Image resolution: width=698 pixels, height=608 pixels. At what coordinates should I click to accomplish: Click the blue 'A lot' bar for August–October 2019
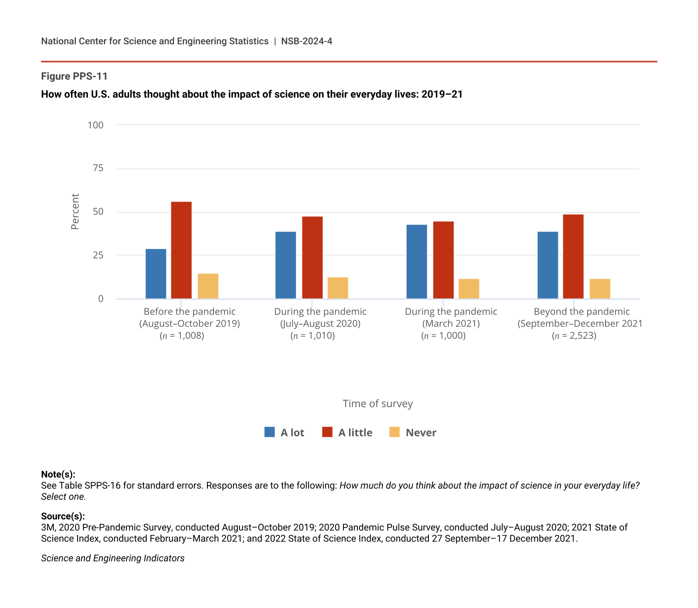156,274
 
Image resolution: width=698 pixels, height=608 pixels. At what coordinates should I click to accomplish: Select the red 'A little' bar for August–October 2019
181,250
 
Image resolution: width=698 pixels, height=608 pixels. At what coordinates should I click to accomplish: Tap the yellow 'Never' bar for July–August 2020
338,288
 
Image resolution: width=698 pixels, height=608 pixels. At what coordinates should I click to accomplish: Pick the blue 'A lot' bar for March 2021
417,262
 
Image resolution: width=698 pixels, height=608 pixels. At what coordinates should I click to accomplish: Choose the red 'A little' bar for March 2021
443,260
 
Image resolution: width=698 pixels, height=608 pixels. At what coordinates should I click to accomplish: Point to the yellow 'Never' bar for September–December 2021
600,289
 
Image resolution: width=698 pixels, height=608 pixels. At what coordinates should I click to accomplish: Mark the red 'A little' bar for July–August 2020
312,257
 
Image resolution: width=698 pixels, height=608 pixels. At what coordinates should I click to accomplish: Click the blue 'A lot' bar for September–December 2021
548,265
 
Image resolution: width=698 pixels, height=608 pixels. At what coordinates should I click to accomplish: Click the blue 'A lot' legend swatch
270,432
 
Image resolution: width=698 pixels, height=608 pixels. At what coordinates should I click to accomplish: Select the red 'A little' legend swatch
327,432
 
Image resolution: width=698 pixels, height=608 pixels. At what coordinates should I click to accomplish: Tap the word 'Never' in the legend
421,433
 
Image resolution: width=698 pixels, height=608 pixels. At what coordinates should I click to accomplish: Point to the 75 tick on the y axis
98,168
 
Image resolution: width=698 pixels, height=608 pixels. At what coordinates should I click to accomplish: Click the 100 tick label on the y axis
96,125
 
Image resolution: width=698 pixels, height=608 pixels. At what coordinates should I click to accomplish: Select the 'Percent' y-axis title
75,211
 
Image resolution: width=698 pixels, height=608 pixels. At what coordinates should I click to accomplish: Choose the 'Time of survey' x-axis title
378,404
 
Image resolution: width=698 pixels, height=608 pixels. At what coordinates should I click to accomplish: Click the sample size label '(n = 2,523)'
574,336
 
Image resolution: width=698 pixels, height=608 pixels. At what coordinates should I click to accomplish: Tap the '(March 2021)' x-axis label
451,324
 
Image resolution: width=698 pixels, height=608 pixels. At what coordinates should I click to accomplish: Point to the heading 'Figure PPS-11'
74,76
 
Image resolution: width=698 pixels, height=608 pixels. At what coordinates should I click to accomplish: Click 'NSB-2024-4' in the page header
306,41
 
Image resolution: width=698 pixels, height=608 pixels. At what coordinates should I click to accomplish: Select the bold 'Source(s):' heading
63,516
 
